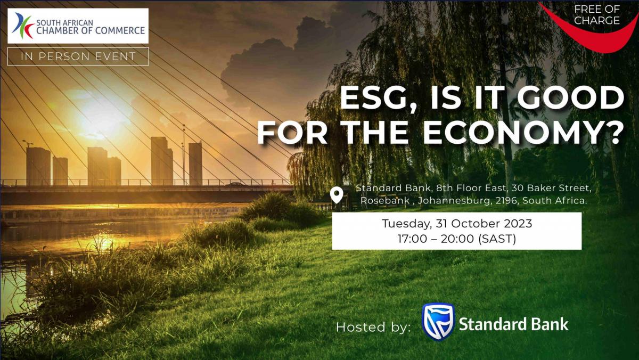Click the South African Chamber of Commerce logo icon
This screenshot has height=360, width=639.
[x=23, y=26]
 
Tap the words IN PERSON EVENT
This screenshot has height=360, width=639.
[x=78, y=56]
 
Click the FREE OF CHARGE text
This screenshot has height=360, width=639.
[x=597, y=15]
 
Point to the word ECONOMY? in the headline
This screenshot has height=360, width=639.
[x=523, y=133]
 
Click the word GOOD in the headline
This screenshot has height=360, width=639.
[x=570, y=97]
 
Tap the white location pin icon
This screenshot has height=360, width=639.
[x=337, y=195]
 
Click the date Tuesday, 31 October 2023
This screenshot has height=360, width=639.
[x=457, y=223]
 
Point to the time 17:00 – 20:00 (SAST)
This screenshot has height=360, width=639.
[x=457, y=239]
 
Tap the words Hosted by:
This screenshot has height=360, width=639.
[x=373, y=327]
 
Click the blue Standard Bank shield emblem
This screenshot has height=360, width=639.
[x=438, y=322]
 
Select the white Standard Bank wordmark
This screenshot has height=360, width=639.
[x=513, y=324]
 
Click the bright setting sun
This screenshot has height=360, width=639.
[x=99, y=114]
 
